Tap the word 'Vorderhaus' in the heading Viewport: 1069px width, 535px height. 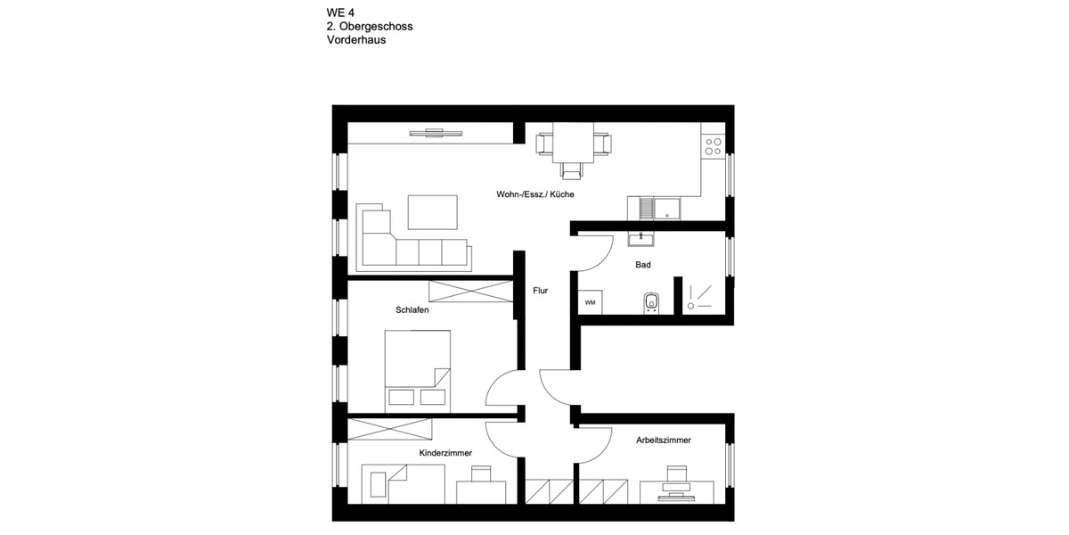pyautogui.click(x=356, y=40)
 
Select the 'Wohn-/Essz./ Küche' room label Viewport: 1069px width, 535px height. pyautogui.click(x=535, y=193)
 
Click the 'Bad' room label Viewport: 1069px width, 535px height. pyautogui.click(x=642, y=265)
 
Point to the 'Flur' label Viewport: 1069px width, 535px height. pyautogui.click(x=540, y=291)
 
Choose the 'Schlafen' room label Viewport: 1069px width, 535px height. pyautogui.click(x=412, y=310)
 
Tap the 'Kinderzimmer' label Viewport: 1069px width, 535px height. pyautogui.click(x=445, y=453)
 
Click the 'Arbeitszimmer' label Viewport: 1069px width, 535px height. pyautogui.click(x=664, y=440)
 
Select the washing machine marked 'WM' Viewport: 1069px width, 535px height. pyautogui.click(x=590, y=303)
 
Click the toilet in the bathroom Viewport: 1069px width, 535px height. pyautogui.click(x=651, y=303)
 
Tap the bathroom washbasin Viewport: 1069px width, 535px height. pyautogui.click(x=641, y=238)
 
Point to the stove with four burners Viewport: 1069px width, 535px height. pyautogui.click(x=713, y=146)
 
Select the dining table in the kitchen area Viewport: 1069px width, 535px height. pyautogui.click(x=574, y=143)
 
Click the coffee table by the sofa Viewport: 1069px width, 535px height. pyautogui.click(x=433, y=212)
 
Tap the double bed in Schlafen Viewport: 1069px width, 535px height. pyautogui.click(x=417, y=370)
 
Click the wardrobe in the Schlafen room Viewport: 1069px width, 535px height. pyautogui.click(x=470, y=292)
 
